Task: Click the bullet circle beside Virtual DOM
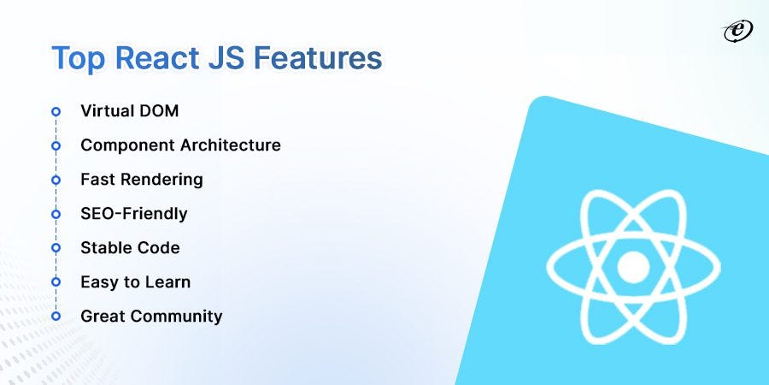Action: (56, 111)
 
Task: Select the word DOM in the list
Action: (160, 111)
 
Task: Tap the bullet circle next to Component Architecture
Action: (56, 145)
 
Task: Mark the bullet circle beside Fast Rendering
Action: (56, 180)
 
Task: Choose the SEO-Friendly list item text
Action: (133, 214)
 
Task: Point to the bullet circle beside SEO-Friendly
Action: (56, 214)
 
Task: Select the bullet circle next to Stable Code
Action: (56, 248)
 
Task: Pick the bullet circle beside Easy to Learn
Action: (56, 282)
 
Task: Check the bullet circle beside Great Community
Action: (56, 317)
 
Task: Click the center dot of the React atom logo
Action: (633, 268)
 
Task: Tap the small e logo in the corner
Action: (734, 31)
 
